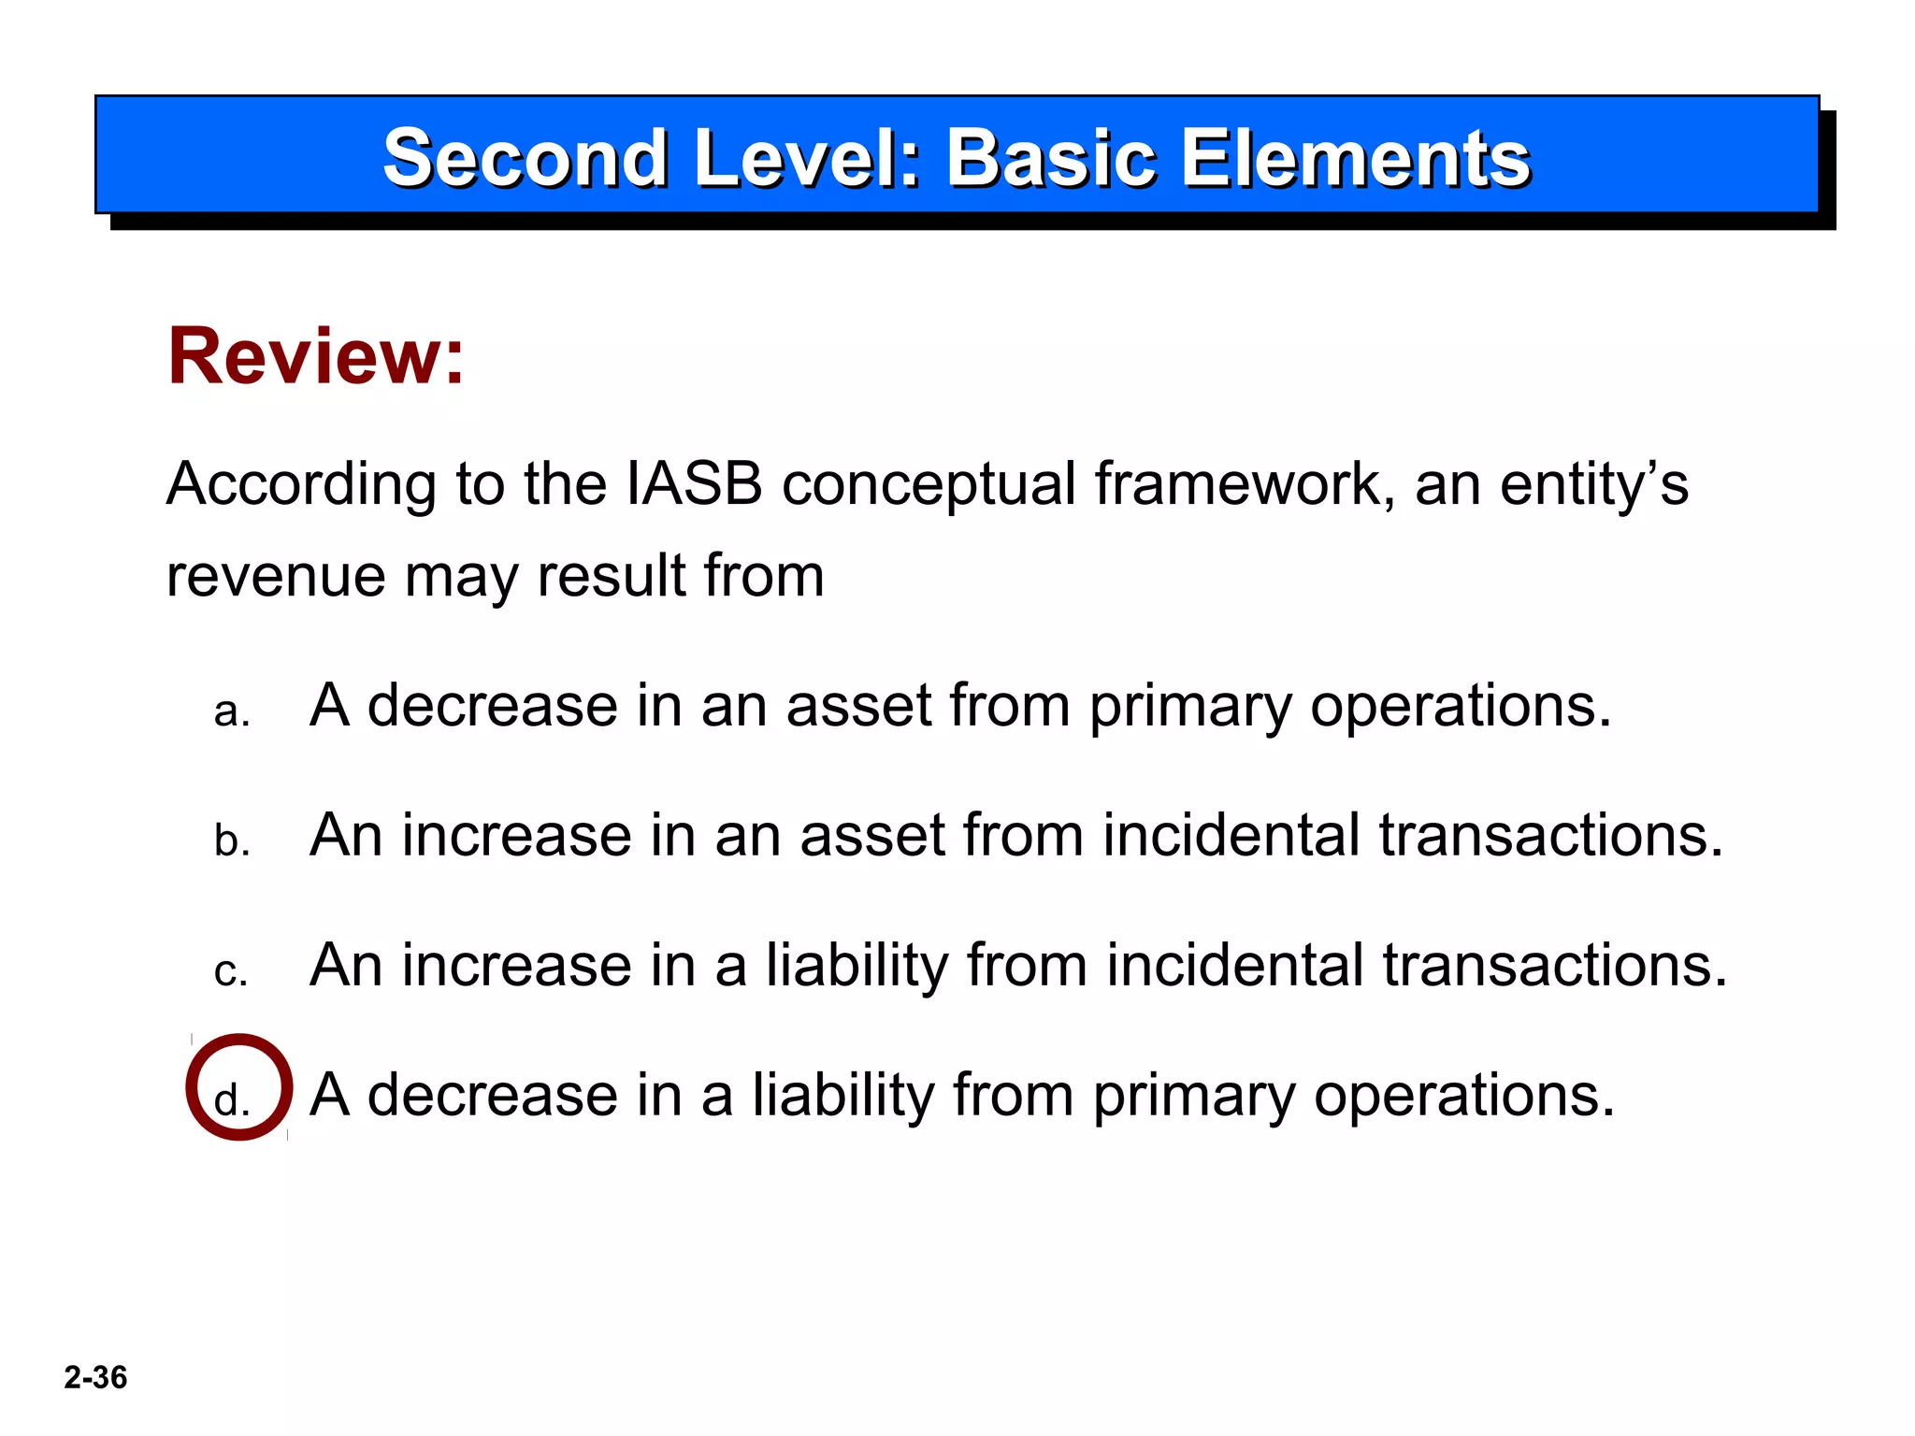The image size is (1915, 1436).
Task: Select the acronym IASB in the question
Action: [694, 484]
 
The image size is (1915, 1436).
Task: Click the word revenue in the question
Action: [275, 576]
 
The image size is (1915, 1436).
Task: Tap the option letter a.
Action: [231, 712]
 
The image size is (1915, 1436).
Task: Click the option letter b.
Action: [231, 840]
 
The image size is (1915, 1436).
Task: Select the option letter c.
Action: [231, 972]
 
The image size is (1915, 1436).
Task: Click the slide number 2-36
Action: [95, 1377]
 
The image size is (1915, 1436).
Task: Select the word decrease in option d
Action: [492, 1095]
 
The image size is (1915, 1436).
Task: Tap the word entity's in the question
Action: [1593, 484]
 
